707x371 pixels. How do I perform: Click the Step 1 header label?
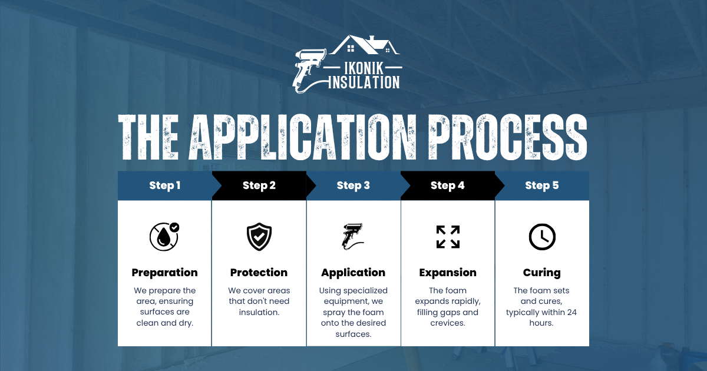(x=165, y=185)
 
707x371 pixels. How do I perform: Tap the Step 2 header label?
(x=259, y=185)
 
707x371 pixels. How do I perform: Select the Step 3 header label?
(x=353, y=185)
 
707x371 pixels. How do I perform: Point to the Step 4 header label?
(x=448, y=185)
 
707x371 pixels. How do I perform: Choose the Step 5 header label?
(x=542, y=185)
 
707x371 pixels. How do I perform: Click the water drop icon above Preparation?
(x=164, y=237)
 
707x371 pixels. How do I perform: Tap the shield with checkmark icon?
(x=259, y=237)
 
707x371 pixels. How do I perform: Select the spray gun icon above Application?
(x=352, y=237)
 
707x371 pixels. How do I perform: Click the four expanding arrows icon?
(x=448, y=237)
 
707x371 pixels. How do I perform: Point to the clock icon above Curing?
(x=542, y=237)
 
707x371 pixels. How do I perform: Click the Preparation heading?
(x=165, y=273)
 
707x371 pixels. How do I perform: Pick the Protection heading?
(x=259, y=273)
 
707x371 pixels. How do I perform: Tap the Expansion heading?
(x=448, y=273)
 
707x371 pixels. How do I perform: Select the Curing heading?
(x=542, y=273)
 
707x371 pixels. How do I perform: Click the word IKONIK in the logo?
(x=364, y=68)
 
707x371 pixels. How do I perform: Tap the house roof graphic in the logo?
(x=365, y=45)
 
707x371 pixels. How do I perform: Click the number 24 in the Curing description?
(x=572, y=312)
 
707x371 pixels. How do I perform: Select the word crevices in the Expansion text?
(x=448, y=323)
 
